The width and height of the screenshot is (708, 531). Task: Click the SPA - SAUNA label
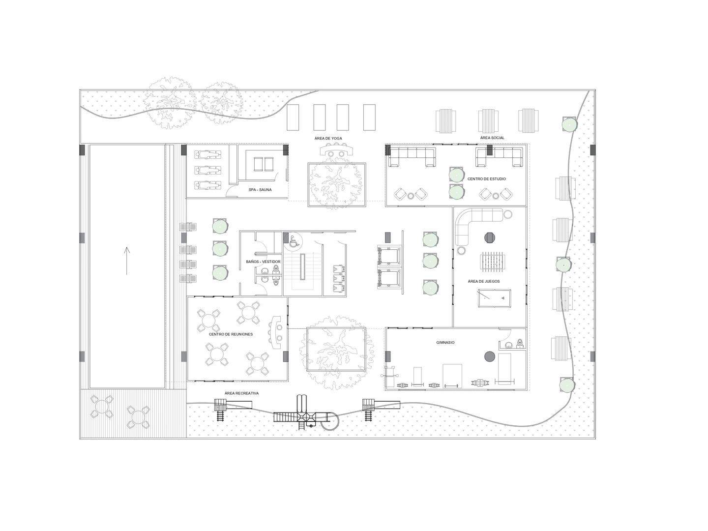(x=260, y=190)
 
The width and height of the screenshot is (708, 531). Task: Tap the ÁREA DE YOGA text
(x=328, y=139)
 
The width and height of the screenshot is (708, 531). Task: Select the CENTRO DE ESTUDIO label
(x=486, y=179)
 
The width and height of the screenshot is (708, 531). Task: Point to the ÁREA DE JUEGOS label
(x=484, y=282)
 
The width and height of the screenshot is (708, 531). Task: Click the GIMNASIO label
(x=445, y=342)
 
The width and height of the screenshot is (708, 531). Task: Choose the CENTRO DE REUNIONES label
(x=231, y=334)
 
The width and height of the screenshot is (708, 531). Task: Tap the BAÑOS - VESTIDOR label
(x=263, y=262)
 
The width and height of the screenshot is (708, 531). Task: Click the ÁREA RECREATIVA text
(x=241, y=393)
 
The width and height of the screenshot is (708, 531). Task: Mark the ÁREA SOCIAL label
(x=492, y=138)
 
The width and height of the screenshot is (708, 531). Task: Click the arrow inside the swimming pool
(x=126, y=261)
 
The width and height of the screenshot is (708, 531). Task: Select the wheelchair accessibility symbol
(x=293, y=241)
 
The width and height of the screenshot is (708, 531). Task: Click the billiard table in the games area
(x=494, y=298)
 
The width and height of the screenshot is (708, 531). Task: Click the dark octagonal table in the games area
(x=490, y=237)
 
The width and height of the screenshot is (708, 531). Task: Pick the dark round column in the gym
(x=489, y=356)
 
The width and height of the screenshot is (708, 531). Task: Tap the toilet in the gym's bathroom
(x=520, y=344)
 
